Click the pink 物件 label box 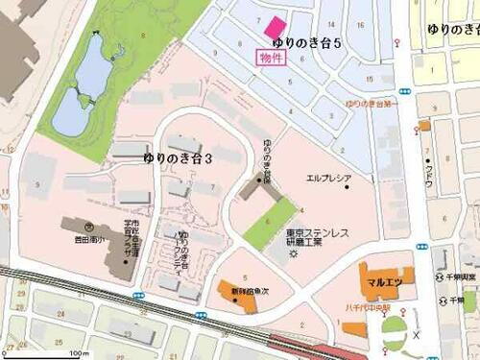[272, 58]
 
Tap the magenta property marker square [276, 26]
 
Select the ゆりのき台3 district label [177, 156]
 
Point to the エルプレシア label [329, 179]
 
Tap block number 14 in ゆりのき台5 [331, 23]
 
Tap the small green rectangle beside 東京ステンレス [271, 225]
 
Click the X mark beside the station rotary [416, 335]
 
